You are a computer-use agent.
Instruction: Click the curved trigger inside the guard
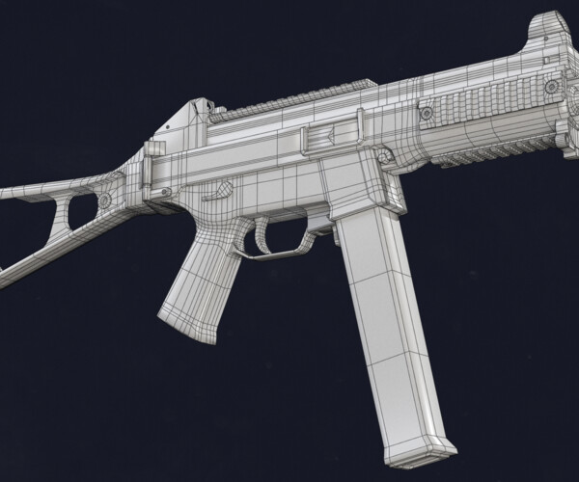click(263, 232)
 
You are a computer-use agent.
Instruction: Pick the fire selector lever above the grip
click(220, 190)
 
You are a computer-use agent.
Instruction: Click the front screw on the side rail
click(551, 87)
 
